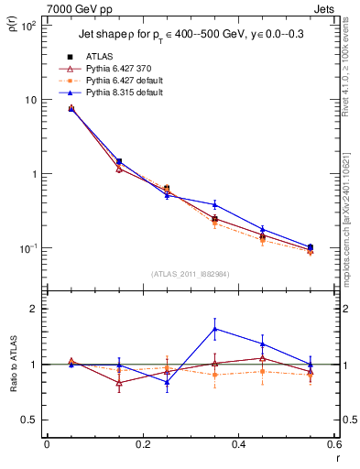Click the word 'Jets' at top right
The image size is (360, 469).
pyautogui.click(x=325, y=9)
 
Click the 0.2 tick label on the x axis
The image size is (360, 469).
pyautogui.click(x=143, y=444)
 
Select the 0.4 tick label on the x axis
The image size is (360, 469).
pyautogui.click(x=239, y=444)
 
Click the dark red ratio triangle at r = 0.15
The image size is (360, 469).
pyautogui.click(x=119, y=383)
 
